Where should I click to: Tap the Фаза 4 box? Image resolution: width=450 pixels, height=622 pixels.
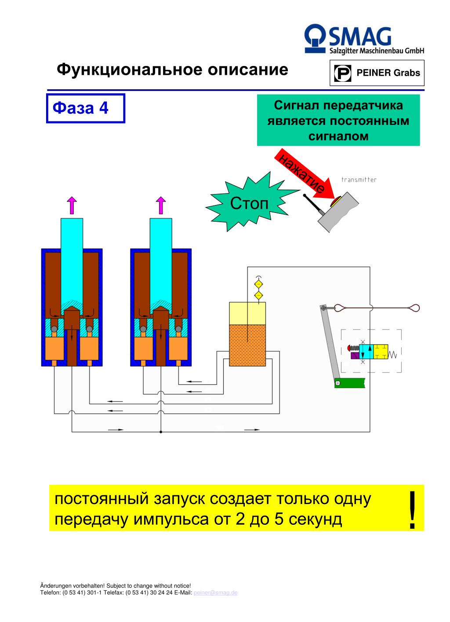coord(86,108)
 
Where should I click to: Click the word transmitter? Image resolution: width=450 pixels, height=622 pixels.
coord(359,180)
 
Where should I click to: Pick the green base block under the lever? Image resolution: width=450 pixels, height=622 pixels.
coord(349,383)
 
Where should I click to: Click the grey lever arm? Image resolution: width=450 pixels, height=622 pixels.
coord(330,343)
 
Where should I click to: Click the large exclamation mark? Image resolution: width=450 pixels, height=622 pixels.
coord(412,510)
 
